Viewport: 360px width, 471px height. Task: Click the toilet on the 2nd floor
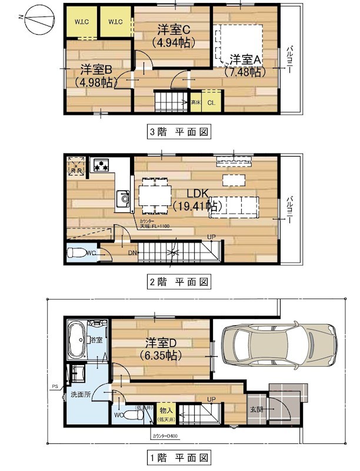pyautogui.click(x=78, y=253)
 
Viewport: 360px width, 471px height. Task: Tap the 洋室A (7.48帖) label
pyautogui.click(x=244, y=65)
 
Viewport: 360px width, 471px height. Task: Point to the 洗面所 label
pyautogui.click(x=81, y=394)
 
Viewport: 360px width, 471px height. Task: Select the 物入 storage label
pyautogui.click(x=166, y=410)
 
